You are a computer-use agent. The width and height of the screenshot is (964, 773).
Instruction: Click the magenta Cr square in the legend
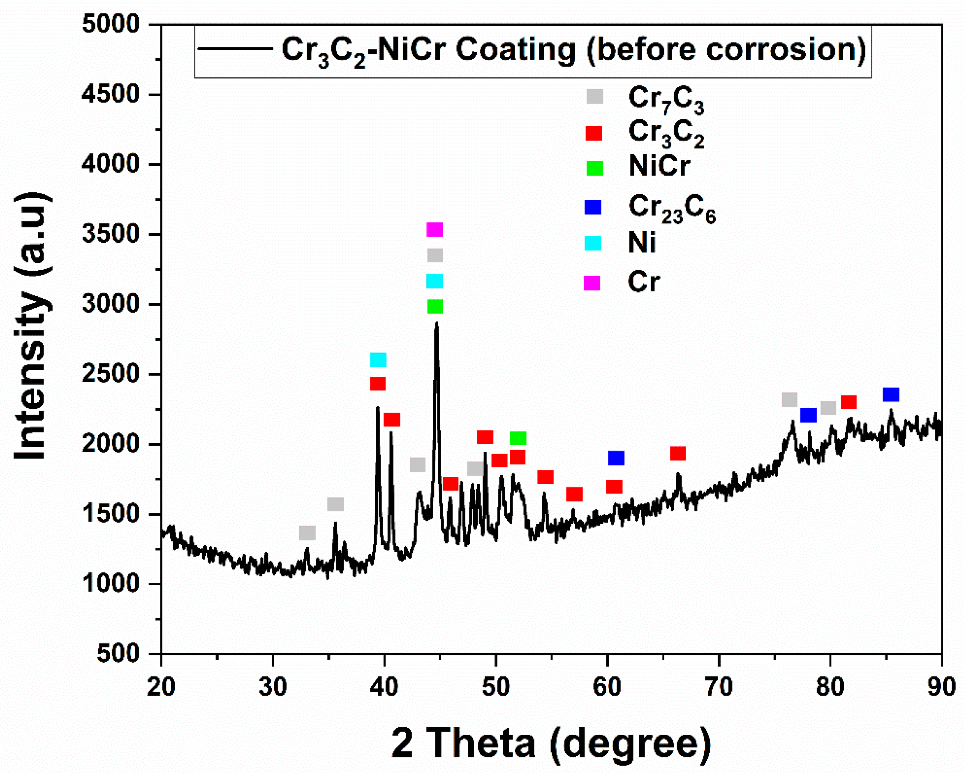point(592,283)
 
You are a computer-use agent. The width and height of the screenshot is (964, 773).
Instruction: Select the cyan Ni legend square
point(593,243)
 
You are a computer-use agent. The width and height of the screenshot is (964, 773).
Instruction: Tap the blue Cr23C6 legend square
point(593,207)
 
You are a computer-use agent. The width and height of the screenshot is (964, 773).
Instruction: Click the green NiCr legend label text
point(659,167)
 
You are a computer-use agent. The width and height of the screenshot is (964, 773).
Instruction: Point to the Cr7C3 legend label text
point(666,98)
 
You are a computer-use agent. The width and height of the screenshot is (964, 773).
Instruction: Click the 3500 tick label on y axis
point(111,234)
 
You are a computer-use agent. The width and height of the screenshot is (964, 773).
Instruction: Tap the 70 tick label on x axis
point(719,687)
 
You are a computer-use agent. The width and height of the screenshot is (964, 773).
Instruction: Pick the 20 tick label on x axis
point(161,687)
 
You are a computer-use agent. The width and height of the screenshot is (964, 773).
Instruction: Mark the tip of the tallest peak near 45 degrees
point(437,323)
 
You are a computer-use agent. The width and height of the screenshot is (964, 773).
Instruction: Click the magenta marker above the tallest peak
point(435,230)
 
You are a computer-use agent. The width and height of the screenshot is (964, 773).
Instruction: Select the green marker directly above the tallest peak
point(435,307)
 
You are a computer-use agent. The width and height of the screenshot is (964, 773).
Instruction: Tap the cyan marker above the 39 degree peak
point(378,360)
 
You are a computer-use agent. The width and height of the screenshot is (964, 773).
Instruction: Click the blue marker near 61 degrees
point(616,458)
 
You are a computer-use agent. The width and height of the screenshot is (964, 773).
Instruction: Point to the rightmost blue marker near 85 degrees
point(891,395)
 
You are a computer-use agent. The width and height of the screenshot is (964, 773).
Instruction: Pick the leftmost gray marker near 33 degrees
point(307,533)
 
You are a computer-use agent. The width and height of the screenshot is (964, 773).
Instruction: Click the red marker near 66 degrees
point(678,454)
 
